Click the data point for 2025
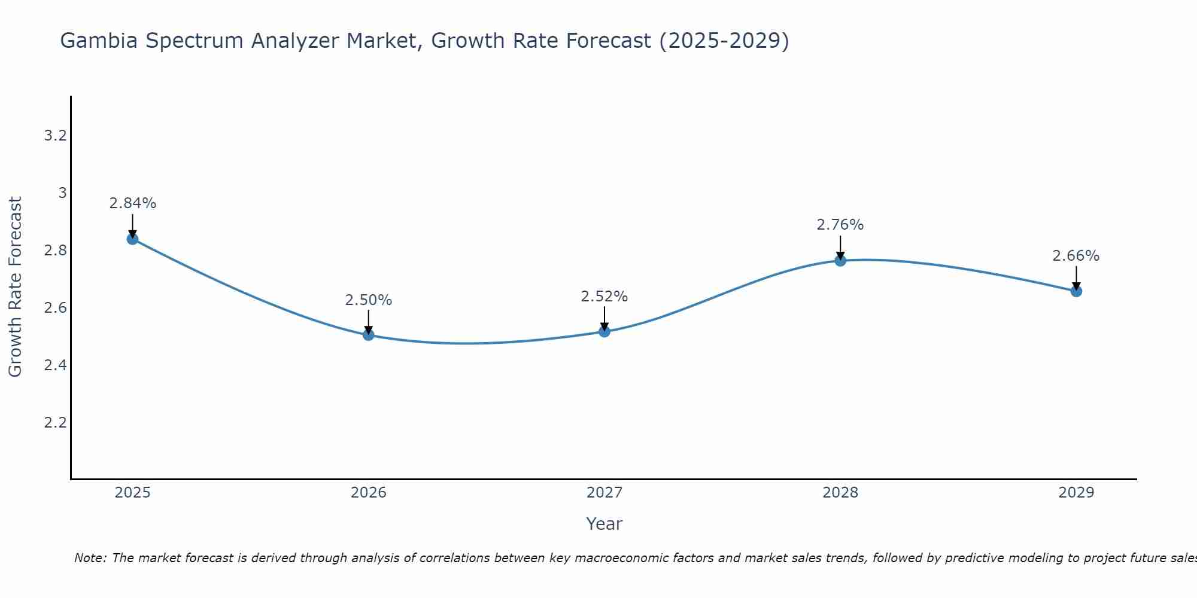(x=132, y=239)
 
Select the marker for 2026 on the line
(x=369, y=335)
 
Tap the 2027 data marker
(x=604, y=331)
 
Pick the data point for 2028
(x=840, y=261)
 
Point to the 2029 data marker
(x=1076, y=291)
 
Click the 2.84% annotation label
(x=132, y=203)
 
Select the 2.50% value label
(x=369, y=300)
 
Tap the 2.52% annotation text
(x=604, y=297)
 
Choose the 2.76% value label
(x=840, y=225)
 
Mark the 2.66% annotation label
(x=1076, y=256)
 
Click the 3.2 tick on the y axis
(x=55, y=136)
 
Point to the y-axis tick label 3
(x=62, y=193)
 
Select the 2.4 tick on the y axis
(x=55, y=365)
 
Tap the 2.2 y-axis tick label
(x=55, y=423)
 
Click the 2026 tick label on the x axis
(x=369, y=493)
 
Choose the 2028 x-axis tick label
(x=840, y=493)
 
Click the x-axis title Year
(x=604, y=524)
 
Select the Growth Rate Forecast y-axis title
(x=15, y=287)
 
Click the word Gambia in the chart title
(x=99, y=41)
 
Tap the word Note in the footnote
(x=90, y=558)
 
